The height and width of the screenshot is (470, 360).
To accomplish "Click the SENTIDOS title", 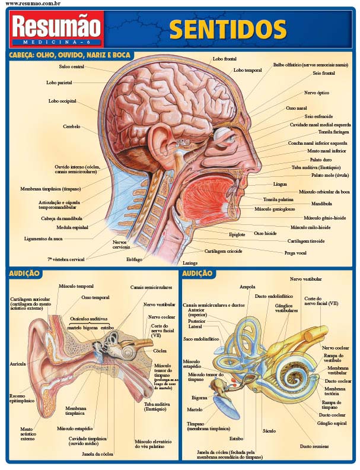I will [x=228, y=29].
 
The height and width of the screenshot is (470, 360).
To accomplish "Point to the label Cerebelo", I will [x=72, y=126].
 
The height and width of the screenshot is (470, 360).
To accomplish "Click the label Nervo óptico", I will [x=317, y=93].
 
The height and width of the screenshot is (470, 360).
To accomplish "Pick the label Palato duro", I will [x=319, y=159].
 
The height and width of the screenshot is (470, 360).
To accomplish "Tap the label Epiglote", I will [x=237, y=234].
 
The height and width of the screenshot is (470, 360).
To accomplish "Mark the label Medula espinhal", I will [x=72, y=227].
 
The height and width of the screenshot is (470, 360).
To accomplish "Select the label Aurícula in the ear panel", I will [x=18, y=363].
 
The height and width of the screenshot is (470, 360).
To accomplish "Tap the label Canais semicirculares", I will [x=147, y=287].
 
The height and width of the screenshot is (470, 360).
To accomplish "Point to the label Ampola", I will [x=247, y=287].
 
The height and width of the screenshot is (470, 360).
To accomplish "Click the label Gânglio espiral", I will [x=332, y=423].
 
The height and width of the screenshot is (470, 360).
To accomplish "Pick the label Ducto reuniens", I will [x=314, y=446].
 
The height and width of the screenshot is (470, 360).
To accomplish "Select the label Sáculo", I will [x=269, y=430].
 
